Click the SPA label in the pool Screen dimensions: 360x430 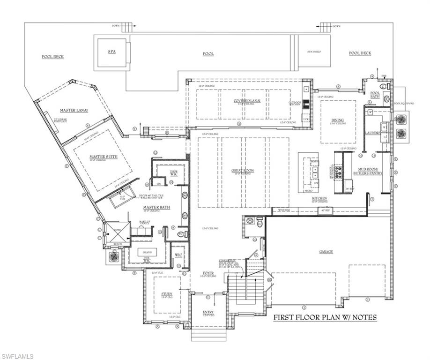[111, 52]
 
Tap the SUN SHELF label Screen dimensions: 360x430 [313, 52]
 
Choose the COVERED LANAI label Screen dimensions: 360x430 [247, 100]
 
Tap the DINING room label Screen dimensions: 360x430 [338, 120]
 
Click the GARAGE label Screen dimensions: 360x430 [326, 252]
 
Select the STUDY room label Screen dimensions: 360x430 [167, 294]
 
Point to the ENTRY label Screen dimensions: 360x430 [208, 312]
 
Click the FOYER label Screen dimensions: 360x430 [208, 273]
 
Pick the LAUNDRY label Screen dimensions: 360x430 [373, 134]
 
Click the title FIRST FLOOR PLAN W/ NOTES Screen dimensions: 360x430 [324, 317]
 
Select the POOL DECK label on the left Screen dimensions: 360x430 [52, 57]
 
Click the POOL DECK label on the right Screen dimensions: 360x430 [360, 53]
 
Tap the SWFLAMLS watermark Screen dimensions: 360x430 [17, 356]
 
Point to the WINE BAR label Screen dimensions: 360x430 [285, 210]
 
